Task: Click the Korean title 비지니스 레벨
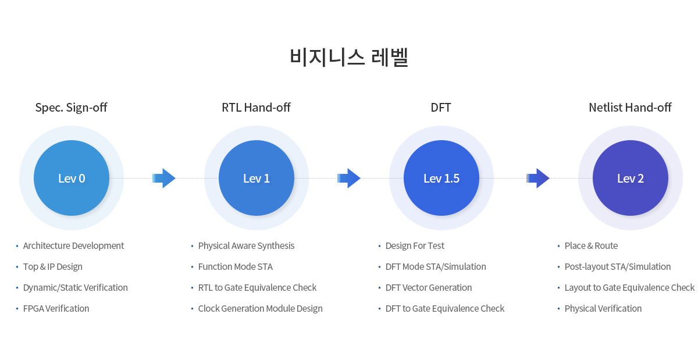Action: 349,57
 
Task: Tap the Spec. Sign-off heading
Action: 71,108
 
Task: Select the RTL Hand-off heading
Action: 256,108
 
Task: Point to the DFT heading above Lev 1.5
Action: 441,108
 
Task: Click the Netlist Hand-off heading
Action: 630,108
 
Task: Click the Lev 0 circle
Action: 72,178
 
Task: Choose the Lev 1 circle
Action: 257,178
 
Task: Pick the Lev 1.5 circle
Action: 441,178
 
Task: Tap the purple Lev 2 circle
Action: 631,178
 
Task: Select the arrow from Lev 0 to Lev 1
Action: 164,179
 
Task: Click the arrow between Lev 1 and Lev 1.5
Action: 349,179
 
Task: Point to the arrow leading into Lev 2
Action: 538,179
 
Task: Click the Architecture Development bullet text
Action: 73,246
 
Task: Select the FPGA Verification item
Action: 56,309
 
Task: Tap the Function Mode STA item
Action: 235,267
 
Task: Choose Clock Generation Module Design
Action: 260,309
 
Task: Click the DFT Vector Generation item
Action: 429,288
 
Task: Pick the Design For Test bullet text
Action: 415,246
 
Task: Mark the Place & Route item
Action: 591,246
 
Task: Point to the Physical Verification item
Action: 603,309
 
